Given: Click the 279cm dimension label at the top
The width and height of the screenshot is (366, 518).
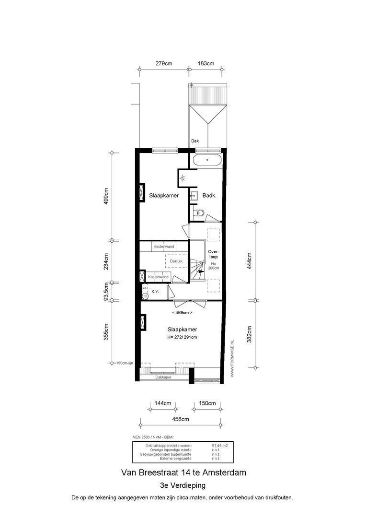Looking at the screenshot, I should click(x=164, y=63).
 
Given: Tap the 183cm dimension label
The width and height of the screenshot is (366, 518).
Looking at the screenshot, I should click(x=206, y=63).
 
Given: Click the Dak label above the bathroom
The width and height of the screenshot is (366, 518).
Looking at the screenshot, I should click(x=195, y=141).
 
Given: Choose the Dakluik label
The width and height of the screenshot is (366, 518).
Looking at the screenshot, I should click(x=177, y=261).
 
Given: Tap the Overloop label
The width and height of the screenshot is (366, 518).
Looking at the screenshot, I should click(x=213, y=254).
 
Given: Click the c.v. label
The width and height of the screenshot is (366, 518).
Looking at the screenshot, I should click(x=155, y=291).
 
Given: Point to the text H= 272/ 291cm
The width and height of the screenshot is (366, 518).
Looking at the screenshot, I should click(x=182, y=337).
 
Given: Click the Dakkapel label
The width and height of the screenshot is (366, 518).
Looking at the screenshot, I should click(x=163, y=377).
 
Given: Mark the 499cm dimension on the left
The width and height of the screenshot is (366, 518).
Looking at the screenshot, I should click(x=106, y=196).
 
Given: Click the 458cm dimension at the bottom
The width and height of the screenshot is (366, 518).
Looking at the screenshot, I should click(x=180, y=419).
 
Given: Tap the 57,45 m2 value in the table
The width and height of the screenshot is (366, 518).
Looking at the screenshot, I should click(x=219, y=446).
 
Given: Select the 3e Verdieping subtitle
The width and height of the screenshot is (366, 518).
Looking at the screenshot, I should click(x=183, y=485).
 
